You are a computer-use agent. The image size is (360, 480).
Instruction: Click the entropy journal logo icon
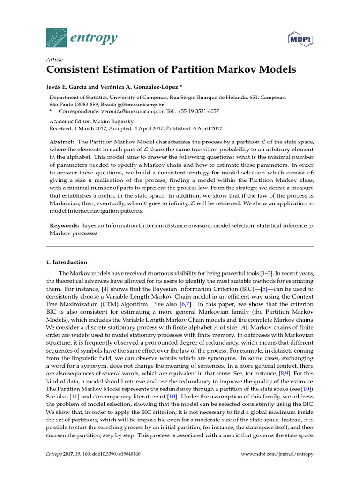point(56,37)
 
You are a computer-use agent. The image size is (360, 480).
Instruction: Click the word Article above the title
point(55,60)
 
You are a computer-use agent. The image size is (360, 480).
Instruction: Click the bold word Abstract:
point(62,142)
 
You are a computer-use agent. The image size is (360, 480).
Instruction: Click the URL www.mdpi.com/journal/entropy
point(277,454)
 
